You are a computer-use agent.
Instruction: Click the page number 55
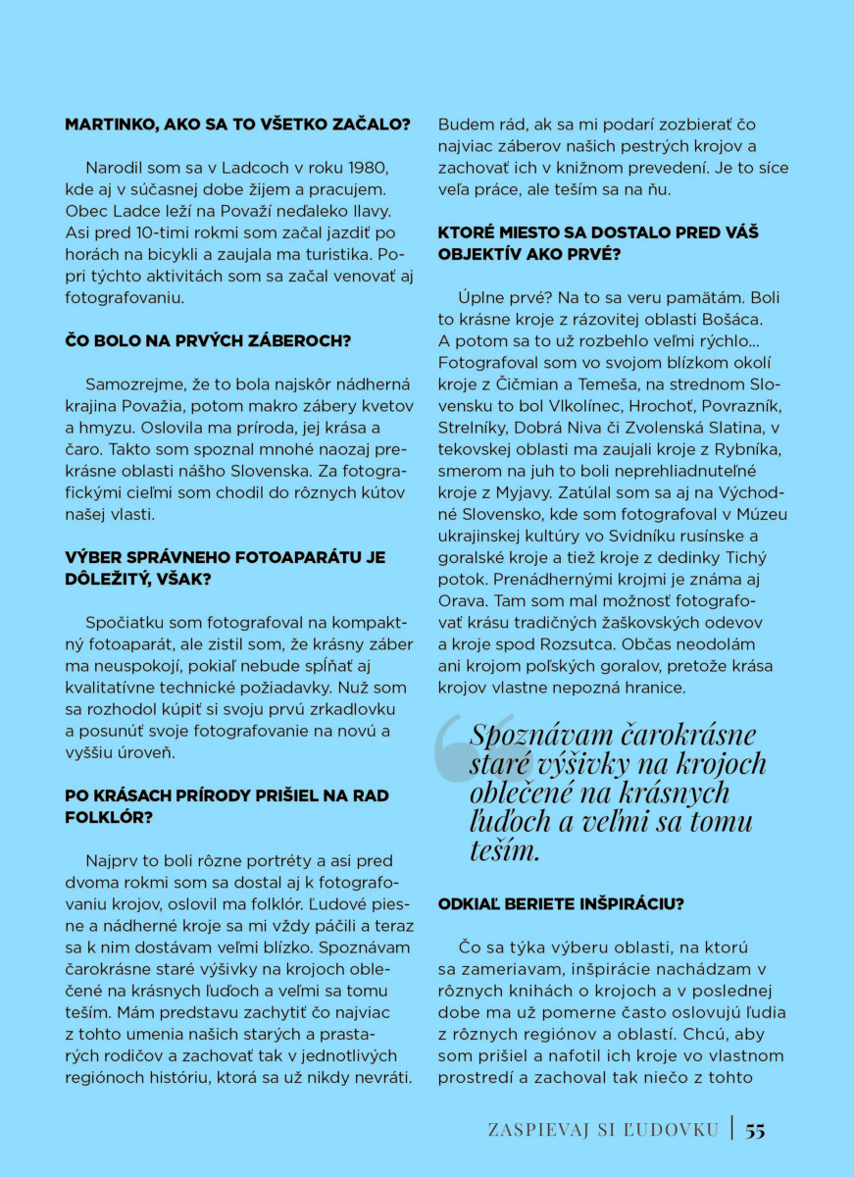click(x=755, y=1130)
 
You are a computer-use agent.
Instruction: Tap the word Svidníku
click(x=623, y=535)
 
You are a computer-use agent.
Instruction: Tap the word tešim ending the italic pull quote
click(x=504, y=850)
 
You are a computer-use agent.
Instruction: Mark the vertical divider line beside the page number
click(x=731, y=1129)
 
